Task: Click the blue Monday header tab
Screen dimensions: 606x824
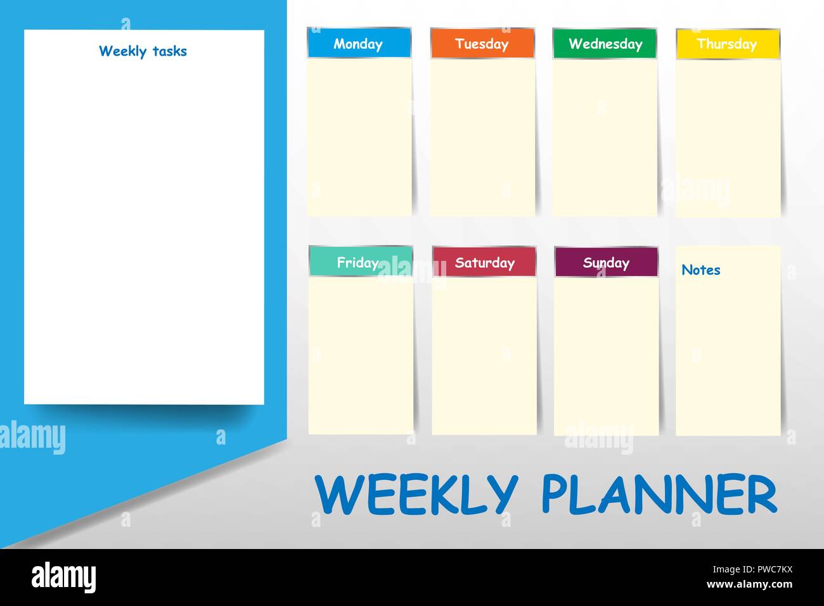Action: [x=359, y=44]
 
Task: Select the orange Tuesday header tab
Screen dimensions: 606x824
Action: [x=482, y=44]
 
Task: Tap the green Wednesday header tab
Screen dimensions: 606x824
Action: [x=605, y=44]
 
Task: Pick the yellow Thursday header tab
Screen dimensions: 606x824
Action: [x=728, y=44]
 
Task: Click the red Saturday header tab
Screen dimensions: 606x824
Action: [x=484, y=262]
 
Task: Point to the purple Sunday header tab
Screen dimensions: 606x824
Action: [x=606, y=262]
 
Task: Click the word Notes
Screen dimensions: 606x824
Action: [x=700, y=270]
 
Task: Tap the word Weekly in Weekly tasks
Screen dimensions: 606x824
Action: [x=122, y=51]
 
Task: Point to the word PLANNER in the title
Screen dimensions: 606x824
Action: [x=659, y=495]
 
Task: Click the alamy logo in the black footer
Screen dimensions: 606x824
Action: [x=64, y=578]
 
